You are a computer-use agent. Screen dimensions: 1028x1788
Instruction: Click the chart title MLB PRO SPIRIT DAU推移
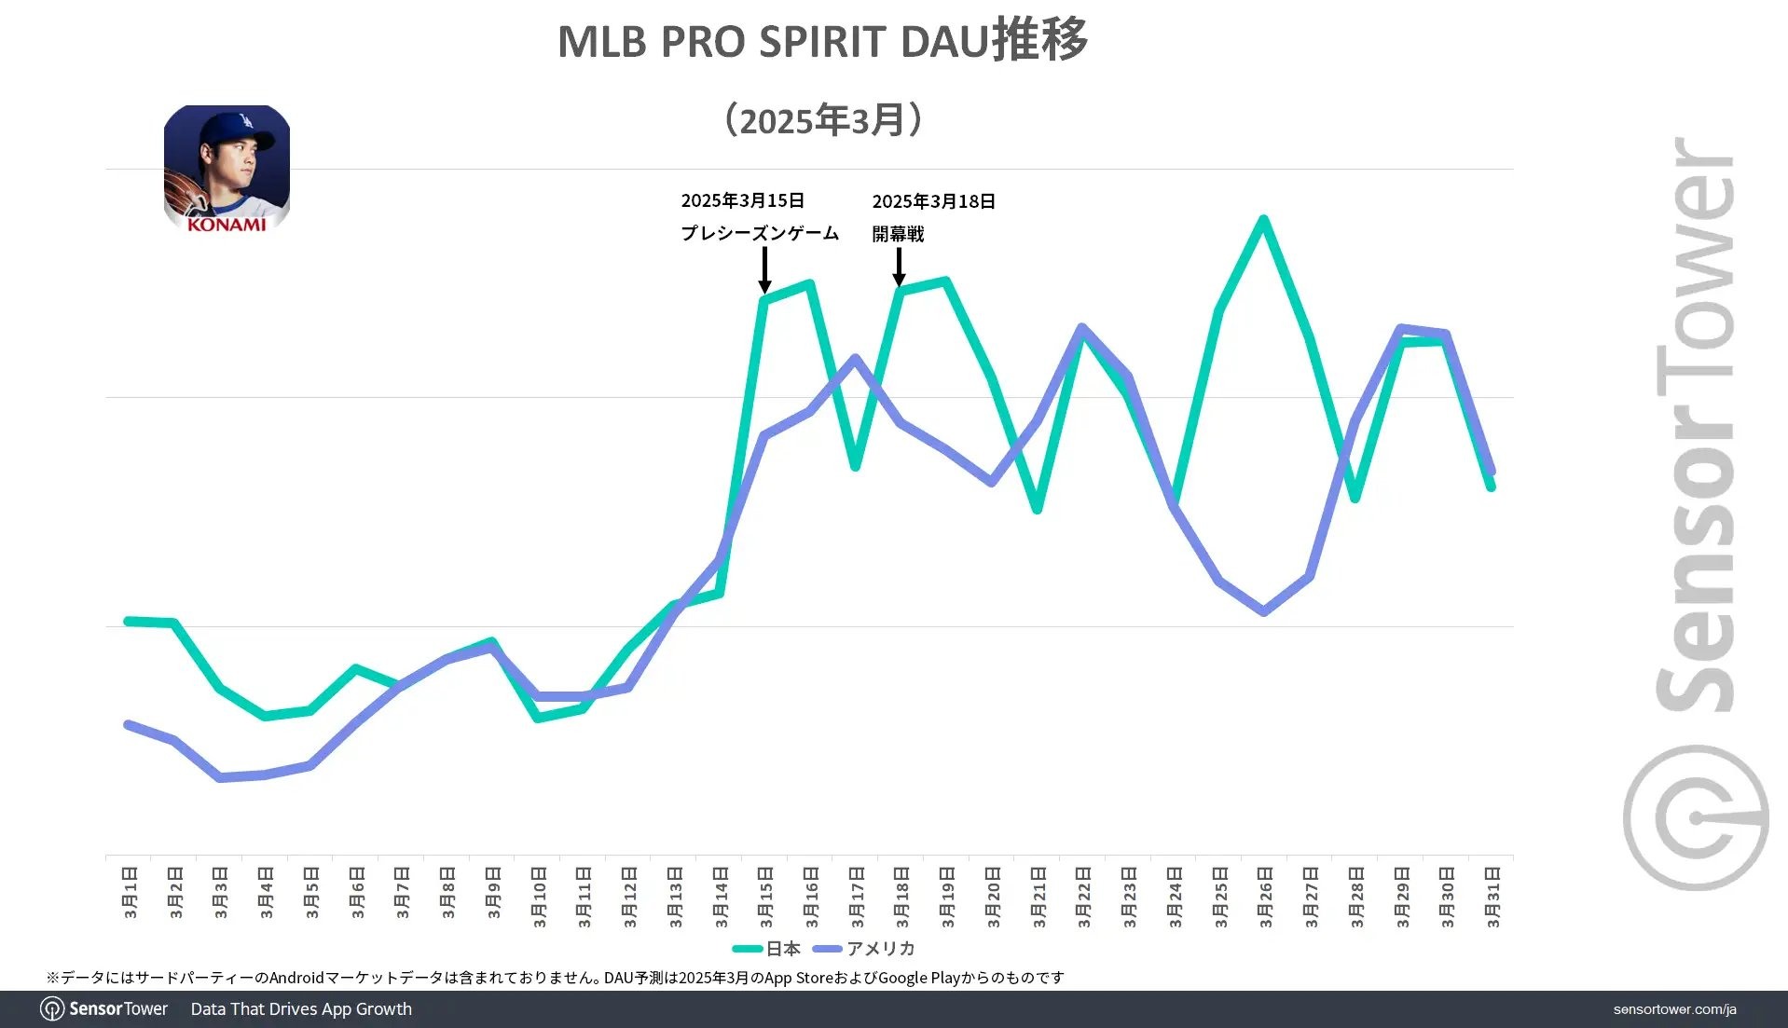822,41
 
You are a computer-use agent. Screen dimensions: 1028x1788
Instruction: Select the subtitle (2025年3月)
822,120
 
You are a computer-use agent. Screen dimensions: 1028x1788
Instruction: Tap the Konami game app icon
227,169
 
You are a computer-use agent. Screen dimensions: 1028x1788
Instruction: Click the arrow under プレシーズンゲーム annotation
764,270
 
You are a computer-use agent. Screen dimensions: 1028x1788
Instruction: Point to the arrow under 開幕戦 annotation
899,267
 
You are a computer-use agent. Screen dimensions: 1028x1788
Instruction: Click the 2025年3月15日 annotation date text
742,200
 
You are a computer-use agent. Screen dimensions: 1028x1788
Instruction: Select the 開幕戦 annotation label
898,234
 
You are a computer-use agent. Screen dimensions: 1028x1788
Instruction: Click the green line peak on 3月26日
1263,221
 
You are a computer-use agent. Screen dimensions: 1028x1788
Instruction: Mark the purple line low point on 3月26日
1263,611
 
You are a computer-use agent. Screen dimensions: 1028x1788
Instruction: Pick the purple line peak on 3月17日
855,358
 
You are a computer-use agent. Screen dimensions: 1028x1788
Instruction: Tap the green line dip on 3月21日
1037,509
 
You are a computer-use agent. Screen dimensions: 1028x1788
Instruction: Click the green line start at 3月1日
129,621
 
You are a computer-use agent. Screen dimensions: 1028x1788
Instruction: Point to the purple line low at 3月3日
220,776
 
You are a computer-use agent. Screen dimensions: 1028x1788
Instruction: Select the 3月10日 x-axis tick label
538,897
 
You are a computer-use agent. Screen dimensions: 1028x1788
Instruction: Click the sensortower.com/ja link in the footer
1674,1009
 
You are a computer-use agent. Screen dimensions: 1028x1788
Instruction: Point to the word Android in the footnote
296,978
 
